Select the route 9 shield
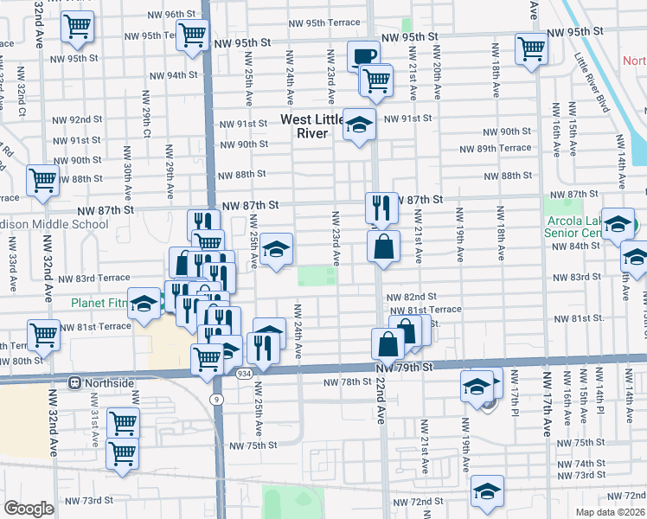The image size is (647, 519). pos(215,398)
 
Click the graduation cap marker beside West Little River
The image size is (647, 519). pos(359,125)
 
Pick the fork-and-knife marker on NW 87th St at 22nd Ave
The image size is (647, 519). pos(381,208)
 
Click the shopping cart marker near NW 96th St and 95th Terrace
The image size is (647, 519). pos(192,35)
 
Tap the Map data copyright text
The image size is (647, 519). pos(610,511)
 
